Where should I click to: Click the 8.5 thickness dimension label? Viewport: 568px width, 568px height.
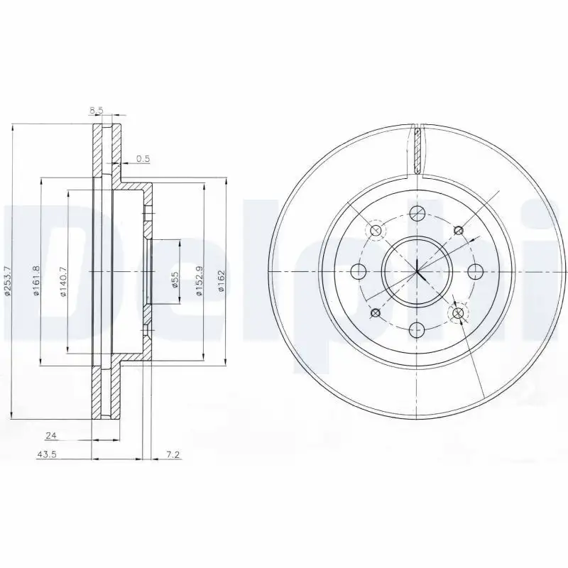[98, 111]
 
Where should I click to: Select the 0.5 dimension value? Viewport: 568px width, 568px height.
[142, 159]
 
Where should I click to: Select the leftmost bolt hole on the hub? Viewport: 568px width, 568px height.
[359, 271]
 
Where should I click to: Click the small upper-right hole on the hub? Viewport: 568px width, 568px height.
[458, 229]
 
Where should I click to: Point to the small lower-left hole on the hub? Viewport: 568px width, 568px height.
[376, 313]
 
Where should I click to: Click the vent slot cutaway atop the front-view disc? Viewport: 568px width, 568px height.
[418, 149]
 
